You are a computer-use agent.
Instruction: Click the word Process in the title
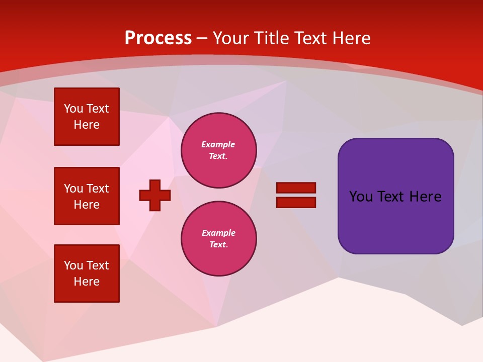(158, 38)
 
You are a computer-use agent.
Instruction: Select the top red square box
(87, 117)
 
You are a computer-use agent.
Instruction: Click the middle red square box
(87, 196)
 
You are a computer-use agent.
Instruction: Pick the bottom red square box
(87, 274)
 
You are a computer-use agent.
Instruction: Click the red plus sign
(155, 195)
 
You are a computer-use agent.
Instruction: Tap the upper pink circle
(218, 150)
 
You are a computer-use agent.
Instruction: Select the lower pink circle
(218, 238)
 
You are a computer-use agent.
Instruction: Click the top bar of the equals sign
(296, 188)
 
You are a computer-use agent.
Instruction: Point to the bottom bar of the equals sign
(296, 202)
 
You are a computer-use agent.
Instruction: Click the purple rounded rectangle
(395, 221)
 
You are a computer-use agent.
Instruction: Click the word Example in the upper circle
(218, 145)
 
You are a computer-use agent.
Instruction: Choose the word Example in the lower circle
(218, 233)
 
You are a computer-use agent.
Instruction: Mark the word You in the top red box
(73, 109)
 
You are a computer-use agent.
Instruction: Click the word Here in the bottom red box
(87, 282)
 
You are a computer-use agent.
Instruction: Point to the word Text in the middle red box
(98, 189)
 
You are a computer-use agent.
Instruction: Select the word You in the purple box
(361, 197)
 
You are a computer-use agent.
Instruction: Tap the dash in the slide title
(202, 38)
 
